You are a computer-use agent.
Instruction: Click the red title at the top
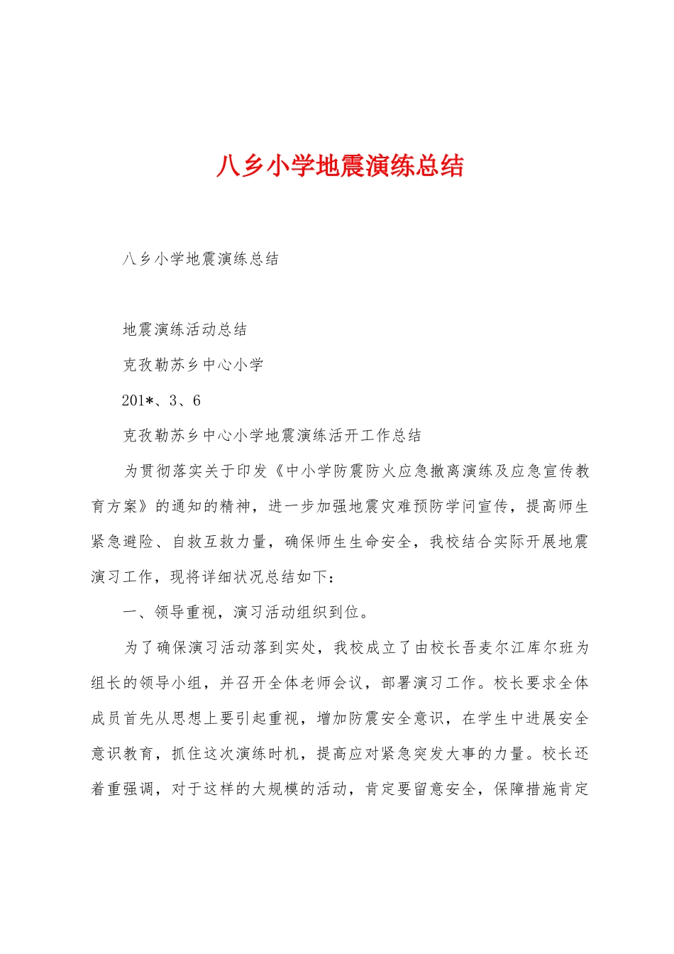tap(340, 166)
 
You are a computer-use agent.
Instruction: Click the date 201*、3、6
tap(161, 401)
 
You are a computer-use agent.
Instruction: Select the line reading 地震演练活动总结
tap(185, 329)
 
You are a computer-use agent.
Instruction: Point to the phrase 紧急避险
tap(122, 542)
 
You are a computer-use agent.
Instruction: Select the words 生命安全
tap(380, 542)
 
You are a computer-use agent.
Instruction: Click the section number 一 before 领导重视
tap(130, 613)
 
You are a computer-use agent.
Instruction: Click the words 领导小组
tap(171, 684)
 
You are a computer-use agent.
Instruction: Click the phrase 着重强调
tap(122, 789)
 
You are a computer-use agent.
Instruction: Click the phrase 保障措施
tap(526, 789)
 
